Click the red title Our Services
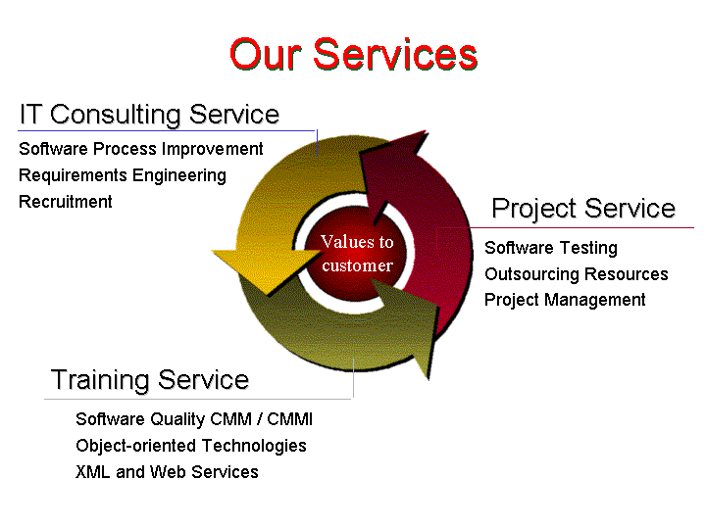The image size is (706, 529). pyautogui.click(x=353, y=55)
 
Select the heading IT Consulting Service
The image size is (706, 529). pyautogui.click(x=149, y=115)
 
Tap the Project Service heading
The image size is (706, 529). pyautogui.click(x=583, y=210)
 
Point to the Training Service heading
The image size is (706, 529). pyautogui.click(x=150, y=380)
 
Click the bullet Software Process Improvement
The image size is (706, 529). pyautogui.click(x=141, y=149)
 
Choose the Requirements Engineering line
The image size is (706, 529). pyautogui.click(x=123, y=176)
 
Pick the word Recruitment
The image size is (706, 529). pyautogui.click(x=66, y=202)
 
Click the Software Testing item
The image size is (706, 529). pyautogui.click(x=551, y=248)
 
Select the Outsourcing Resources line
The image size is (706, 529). pyautogui.click(x=577, y=274)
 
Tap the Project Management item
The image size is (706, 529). pyautogui.click(x=565, y=300)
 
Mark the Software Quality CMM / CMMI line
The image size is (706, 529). pyautogui.click(x=194, y=419)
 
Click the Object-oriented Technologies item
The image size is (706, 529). pyautogui.click(x=191, y=446)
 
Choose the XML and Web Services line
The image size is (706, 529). pyautogui.click(x=167, y=472)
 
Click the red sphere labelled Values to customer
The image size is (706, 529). pyautogui.click(x=355, y=254)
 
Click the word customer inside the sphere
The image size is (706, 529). pyautogui.click(x=358, y=265)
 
